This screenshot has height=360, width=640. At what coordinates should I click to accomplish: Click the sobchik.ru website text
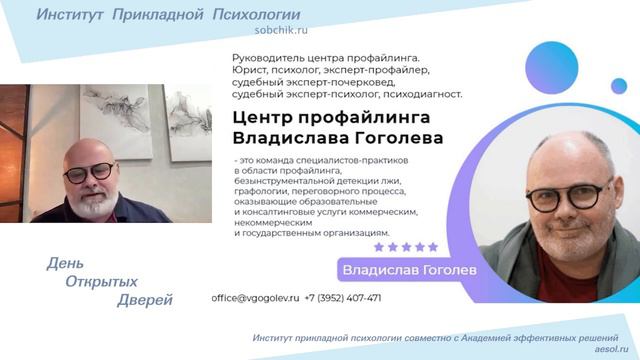point(183,31)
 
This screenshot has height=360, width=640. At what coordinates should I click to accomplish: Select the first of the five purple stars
point(378,247)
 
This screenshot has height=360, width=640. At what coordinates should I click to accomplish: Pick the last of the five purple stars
point(433,247)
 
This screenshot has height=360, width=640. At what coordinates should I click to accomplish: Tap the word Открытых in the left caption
point(103,282)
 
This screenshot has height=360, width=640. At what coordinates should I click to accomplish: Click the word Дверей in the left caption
point(145,300)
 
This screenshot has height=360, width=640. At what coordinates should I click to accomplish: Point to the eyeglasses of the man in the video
point(93,170)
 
